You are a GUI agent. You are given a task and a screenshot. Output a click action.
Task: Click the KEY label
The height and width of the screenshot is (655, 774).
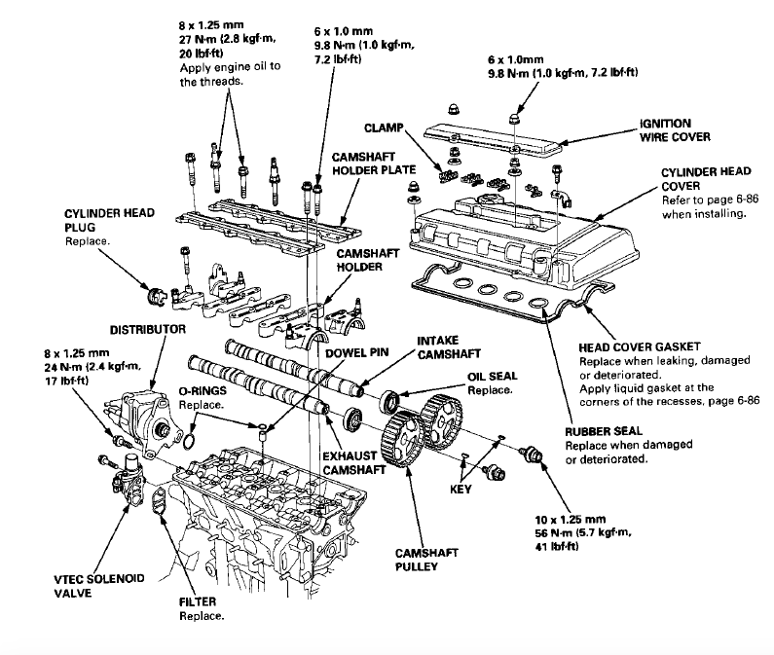(461, 488)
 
